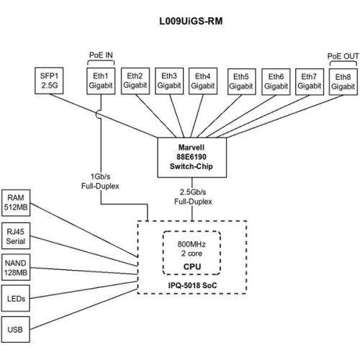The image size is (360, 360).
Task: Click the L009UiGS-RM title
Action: tap(189, 21)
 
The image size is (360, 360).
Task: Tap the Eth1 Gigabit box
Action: tap(99, 80)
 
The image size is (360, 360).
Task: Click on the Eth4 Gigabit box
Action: tap(204, 80)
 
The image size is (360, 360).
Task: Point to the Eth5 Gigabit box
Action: tap(241, 80)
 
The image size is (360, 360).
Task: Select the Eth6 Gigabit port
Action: tap(276, 80)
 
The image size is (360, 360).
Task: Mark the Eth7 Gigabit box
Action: tap(310, 80)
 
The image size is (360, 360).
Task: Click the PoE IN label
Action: tap(100, 55)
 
